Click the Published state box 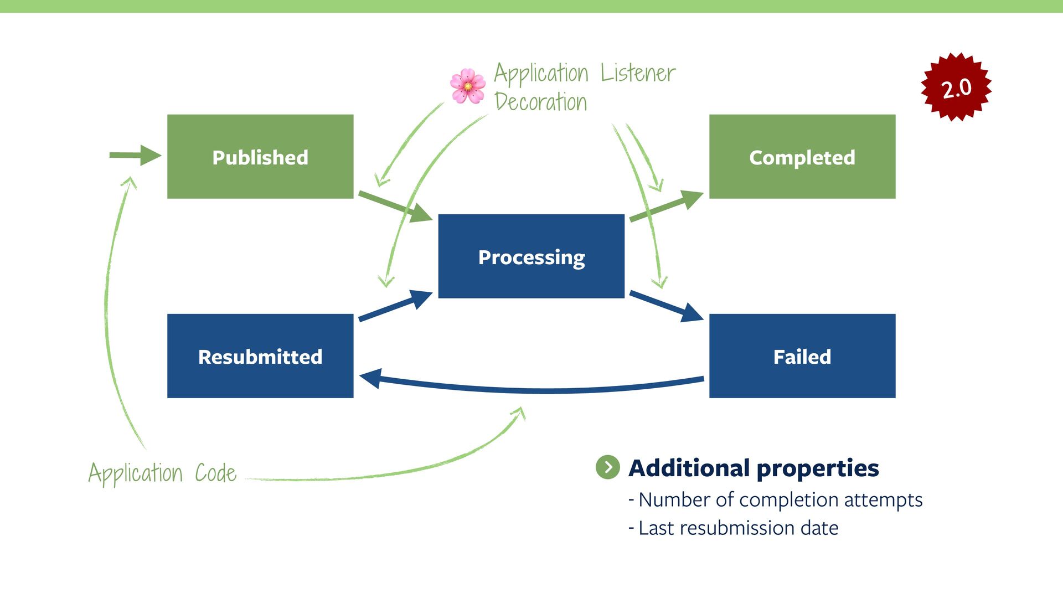pyautogui.click(x=260, y=157)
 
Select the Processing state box pyautogui.click(x=531, y=256)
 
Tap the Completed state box pyautogui.click(x=802, y=157)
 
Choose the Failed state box pyautogui.click(x=802, y=356)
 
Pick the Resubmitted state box pyautogui.click(x=260, y=356)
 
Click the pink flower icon pyautogui.click(x=468, y=86)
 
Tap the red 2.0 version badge pyautogui.click(x=956, y=87)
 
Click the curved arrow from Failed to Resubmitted pyautogui.click(x=531, y=389)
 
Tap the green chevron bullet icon pyautogui.click(x=607, y=467)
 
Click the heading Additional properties pyautogui.click(x=754, y=468)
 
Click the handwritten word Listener pyautogui.click(x=638, y=73)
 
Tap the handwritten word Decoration pyautogui.click(x=540, y=102)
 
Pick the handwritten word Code pyautogui.click(x=215, y=473)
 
